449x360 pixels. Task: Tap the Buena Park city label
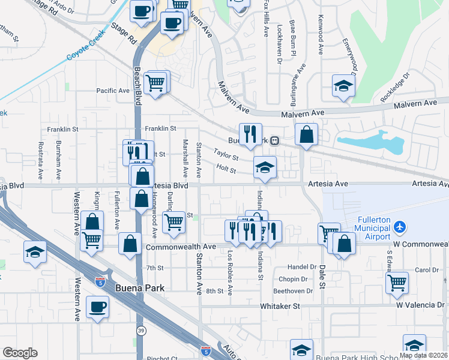pyautogui.click(x=139, y=288)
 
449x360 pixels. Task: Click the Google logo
pyautogui.click(x=20, y=353)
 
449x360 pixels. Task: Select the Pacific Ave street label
pyautogui.click(x=113, y=91)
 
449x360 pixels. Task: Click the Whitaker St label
pyautogui.click(x=280, y=306)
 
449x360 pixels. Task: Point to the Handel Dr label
pyautogui.click(x=302, y=266)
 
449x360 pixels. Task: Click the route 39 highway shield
pyautogui.click(x=140, y=330)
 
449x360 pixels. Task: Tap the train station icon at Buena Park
pyautogui.click(x=274, y=141)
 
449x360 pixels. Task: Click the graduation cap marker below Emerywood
pyautogui.click(x=343, y=86)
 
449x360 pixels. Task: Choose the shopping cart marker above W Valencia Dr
pyautogui.click(x=397, y=282)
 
